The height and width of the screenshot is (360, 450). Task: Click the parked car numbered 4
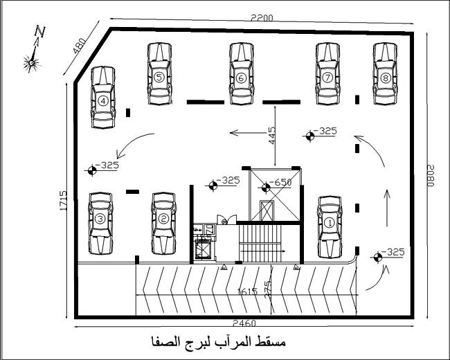103,99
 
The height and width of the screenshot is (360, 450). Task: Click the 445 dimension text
272,136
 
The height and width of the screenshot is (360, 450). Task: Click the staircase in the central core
258,244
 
